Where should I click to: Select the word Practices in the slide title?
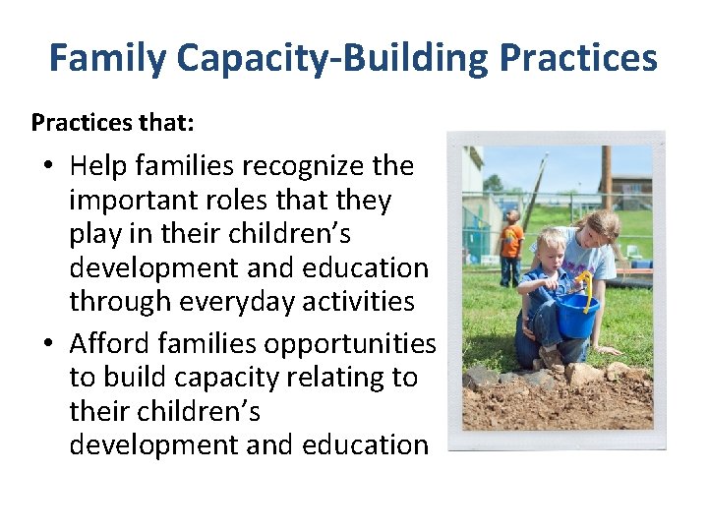point(577,59)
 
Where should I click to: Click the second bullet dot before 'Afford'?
point(48,344)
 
